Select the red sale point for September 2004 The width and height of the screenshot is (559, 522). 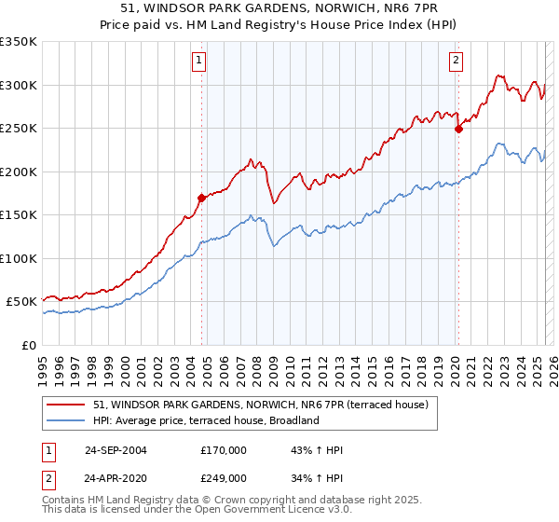[201, 198]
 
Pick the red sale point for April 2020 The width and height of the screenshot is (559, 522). [457, 130]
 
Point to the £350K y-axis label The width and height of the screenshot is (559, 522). [19, 42]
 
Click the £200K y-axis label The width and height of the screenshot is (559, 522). [19, 172]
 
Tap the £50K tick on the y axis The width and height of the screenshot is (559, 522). [22, 302]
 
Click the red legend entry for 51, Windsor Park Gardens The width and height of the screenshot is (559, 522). [260, 405]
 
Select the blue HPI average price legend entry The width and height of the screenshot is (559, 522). [206, 420]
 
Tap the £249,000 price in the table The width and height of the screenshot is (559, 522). [223, 477]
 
